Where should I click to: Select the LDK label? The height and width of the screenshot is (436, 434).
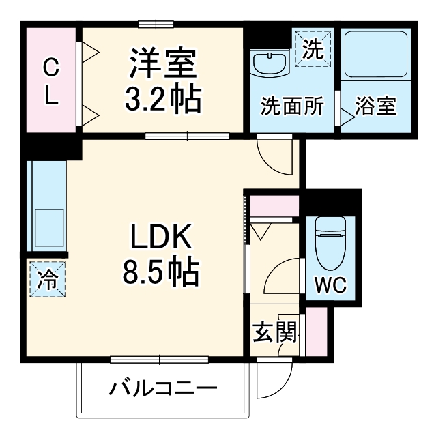160,238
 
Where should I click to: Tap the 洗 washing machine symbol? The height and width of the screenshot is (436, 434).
312,48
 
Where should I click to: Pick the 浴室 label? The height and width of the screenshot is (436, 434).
377,106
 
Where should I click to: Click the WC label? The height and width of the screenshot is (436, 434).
330,284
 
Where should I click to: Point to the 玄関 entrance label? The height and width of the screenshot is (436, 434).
275,332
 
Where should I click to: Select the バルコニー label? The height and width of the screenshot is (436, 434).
164,390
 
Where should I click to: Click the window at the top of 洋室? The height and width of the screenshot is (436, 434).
156,25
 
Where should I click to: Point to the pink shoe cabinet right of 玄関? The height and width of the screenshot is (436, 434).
317,332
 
